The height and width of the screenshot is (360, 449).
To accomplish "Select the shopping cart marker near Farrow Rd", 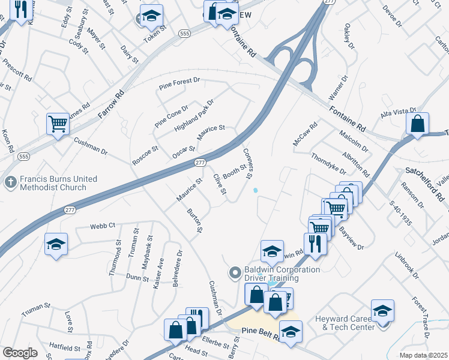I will pos(58,125).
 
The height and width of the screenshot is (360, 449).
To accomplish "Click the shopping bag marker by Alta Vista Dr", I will pos(417,124).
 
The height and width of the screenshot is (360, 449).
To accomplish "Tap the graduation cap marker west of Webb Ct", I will pos(56,244).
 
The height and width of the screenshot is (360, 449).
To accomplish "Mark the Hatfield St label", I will pos(65,347).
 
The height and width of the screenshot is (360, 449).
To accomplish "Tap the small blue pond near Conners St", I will pos(256,191).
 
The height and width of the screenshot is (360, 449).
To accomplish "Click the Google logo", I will pos(20,353).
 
